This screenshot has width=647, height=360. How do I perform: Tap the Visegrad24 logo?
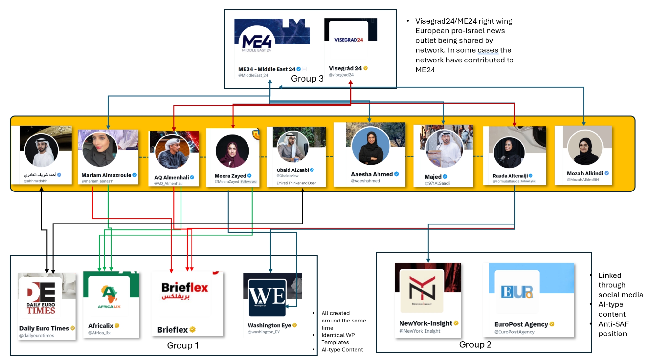tap(348, 40)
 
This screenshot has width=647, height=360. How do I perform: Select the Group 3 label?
tap(307, 79)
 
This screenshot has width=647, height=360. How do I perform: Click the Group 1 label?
tap(183, 345)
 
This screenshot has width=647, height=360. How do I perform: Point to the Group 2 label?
tap(475, 344)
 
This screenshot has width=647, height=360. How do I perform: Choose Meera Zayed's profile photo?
tap(232, 151)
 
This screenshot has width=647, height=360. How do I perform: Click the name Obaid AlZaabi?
tap(292, 170)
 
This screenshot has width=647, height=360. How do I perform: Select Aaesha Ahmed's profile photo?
tap(370, 146)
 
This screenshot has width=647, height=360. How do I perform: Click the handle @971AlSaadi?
tap(437, 183)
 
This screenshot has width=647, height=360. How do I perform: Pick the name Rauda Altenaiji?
tap(510, 176)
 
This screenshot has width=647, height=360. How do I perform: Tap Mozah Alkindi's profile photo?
tap(585, 148)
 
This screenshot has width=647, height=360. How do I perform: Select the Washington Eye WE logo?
tap(267, 297)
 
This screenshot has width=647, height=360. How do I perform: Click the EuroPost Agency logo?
tap(517, 292)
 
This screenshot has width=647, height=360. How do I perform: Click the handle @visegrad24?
tap(341, 75)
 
